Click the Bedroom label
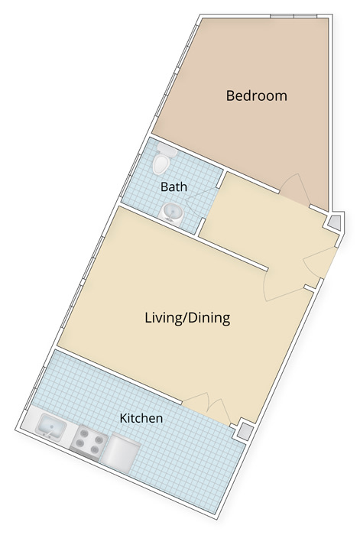tap(256, 96)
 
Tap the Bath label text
tap(174, 186)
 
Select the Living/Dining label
tap(187, 318)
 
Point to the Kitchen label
tap(141, 418)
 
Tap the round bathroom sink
tap(172, 213)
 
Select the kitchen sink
tap(51, 426)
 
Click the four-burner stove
tap(88, 442)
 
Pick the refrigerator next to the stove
tap(121, 453)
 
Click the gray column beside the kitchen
tap(245, 430)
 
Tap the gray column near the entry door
tap(335, 222)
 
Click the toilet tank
tap(167, 150)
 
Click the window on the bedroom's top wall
tap(294, 16)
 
